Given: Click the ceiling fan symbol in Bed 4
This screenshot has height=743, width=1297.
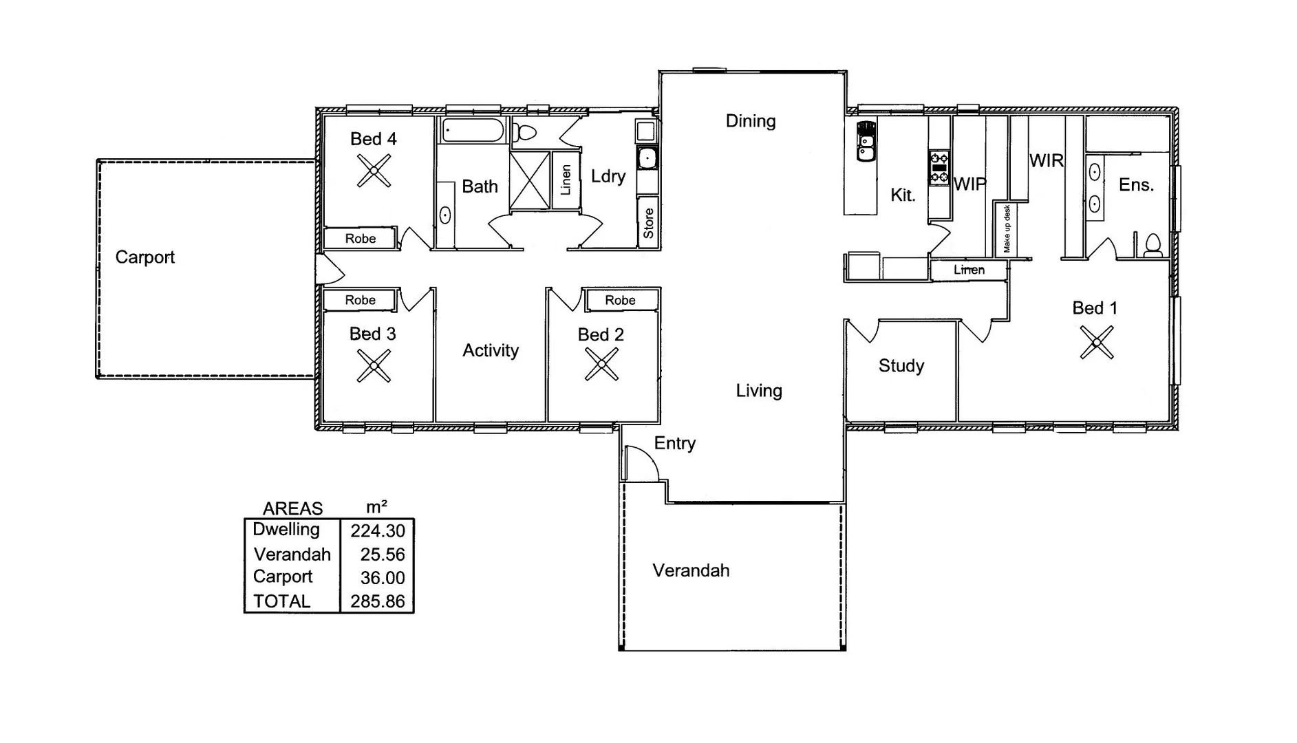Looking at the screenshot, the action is click(374, 171).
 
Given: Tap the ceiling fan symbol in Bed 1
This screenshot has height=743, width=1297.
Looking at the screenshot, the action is click(1096, 342).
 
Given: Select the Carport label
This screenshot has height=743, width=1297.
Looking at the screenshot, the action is click(144, 257).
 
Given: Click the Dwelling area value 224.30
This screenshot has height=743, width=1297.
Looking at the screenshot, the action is click(378, 531).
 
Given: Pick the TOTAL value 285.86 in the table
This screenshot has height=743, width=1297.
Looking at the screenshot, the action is click(378, 601).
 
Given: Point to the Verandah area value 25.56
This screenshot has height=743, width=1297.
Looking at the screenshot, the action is click(383, 554).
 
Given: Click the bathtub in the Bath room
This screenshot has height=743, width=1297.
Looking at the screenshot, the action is click(473, 130).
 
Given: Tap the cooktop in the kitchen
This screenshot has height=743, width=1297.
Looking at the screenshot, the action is click(939, 168).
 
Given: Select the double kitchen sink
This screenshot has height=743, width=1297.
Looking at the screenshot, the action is click(866, 141).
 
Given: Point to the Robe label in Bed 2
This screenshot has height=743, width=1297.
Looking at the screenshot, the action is click(620, 300).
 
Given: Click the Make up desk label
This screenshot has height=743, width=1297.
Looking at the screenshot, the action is click(1007, 229).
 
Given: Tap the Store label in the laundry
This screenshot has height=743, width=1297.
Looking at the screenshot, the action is click(648, 224).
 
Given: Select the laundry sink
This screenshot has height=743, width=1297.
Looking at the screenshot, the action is click(647, 159).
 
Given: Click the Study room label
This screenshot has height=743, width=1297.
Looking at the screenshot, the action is click(901, 366).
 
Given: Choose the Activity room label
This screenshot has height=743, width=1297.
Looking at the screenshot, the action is click(490, 351).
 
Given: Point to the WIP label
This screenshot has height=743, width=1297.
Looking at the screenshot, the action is click(969, 184).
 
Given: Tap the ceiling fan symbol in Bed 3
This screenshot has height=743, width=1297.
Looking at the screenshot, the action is click(374, 365).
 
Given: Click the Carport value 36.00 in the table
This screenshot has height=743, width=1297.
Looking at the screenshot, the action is click(383, 578).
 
